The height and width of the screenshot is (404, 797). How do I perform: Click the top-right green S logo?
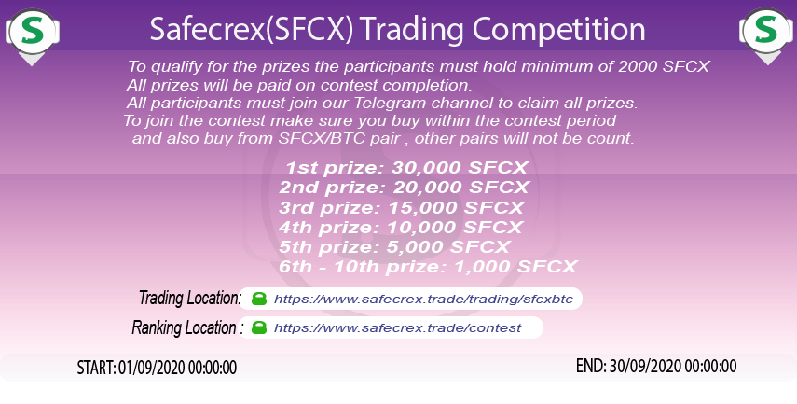pyautogui.click(x=764, y=29)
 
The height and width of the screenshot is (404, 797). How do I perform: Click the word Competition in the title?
pyautogui.click(x=549, y=29)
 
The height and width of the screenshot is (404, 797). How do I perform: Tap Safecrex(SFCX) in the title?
pyautogui.click(x=250, y=29)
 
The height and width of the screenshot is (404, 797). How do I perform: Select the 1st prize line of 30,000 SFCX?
pyautogui.click(x=406, y=169)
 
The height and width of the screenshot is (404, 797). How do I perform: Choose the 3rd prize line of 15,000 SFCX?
pyautogui.click(x=402, y=207)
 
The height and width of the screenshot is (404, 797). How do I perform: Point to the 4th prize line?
pyautogui.click(x=400, y=227)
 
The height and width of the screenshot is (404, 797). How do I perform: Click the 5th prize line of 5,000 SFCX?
pyautogui.click(x=394, y=246)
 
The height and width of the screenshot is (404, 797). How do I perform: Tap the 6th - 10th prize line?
pyautogui.click(x=428, y=266)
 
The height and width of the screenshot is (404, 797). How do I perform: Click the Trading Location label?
pyautogui.click(x=190, y=299)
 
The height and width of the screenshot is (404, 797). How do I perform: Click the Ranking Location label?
pyautogui.click(x=186, y=327)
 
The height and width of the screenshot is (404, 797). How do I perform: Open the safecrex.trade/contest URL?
pyautogui.click(x=398, y=328)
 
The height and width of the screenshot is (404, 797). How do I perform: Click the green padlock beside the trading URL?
pyautogui.click(x=259, y=300)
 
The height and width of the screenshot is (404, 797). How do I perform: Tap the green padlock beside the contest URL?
pyautogui.click(x=259, y=328)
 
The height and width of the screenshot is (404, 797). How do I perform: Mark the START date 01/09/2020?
pyautogui.click(x=157, y=367)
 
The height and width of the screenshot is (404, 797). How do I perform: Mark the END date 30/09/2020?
pyautogui.click(x=656, y=366)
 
